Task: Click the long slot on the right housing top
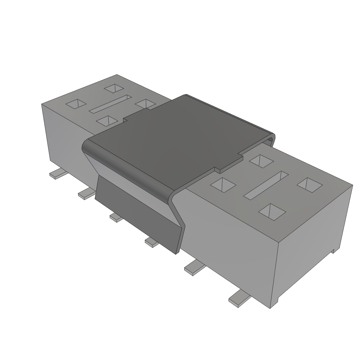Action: [266, 184]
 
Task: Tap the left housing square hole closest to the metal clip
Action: [145, 104]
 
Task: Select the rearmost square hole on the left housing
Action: [115, 88]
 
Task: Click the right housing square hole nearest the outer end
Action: [309, 185]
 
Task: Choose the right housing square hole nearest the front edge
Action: [272, 211]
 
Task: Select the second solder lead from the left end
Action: [86, 193]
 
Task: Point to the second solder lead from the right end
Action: [194, 268]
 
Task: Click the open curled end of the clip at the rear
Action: [271, 139]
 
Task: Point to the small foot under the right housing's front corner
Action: [278, 301]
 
